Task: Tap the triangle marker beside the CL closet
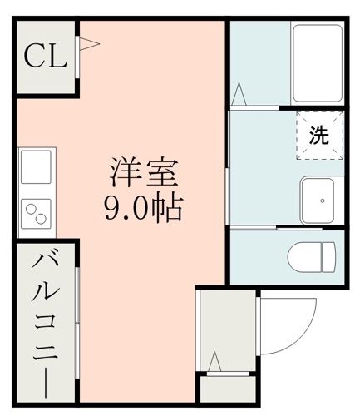tap(86, 45)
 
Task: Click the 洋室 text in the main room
tap(142, 176)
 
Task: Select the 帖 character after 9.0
tap(167, 208)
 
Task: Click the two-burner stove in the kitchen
tap(36, 214)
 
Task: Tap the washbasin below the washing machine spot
tap(318, 201)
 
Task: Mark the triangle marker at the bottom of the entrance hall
tap(215, 364)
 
